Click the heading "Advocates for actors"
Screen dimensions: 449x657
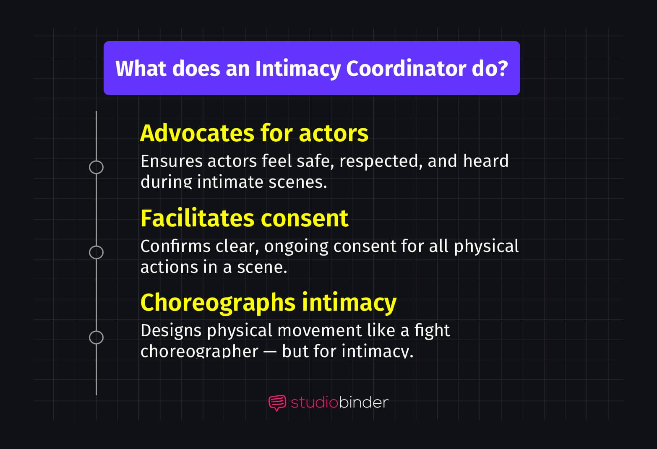point(254,133)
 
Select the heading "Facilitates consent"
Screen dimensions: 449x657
point(244,218)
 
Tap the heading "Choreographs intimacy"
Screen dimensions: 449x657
point(268,303)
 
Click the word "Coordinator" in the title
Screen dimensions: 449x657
point(406,68)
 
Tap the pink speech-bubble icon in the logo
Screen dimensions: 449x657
point(277,403)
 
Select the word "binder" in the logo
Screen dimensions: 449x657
point(363,402)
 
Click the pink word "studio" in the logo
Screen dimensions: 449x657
point(314,402)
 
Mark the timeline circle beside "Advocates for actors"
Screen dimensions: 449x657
point(96,167)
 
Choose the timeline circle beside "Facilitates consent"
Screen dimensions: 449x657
point(96,252)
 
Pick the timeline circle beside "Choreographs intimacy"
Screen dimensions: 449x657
point(96,337)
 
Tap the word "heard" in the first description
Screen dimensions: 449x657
point(486,161)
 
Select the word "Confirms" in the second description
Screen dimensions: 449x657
point(175,246)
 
